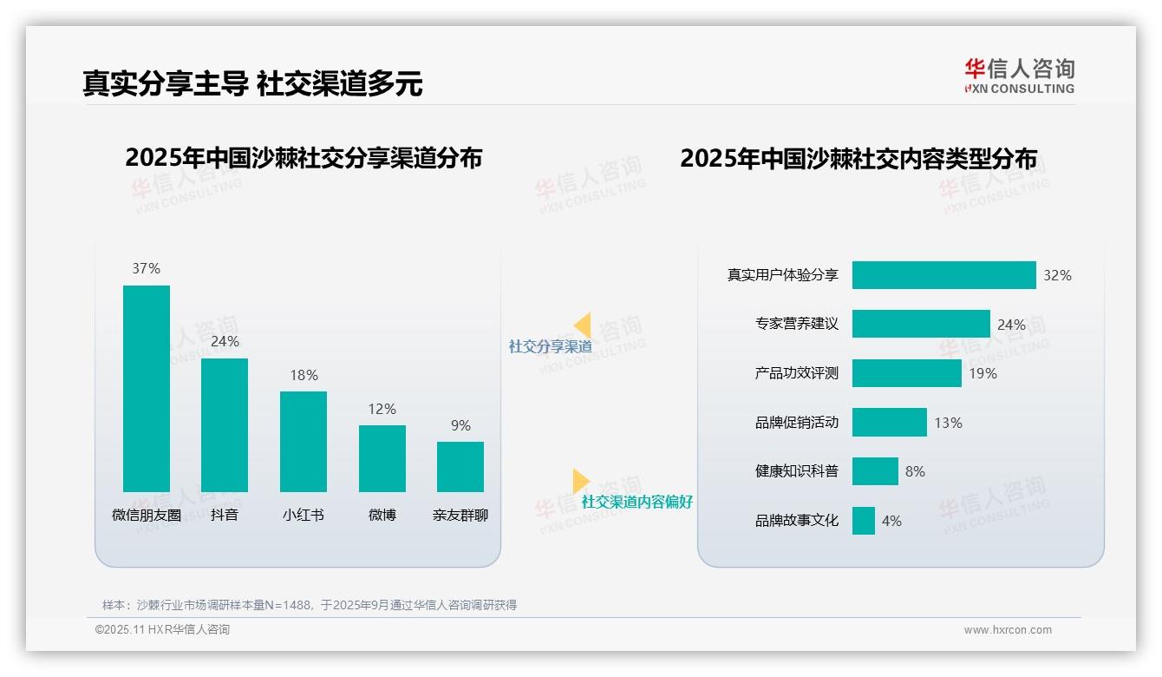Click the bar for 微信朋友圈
point(147,388)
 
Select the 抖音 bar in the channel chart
point(225,424)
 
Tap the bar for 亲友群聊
point(460,466)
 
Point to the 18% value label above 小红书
point(304,375)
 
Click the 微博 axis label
point(382,515)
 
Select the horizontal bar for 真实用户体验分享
point(943,275)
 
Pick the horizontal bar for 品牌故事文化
point(863,521)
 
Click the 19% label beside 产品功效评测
point(982,373)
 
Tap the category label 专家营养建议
point(796,324)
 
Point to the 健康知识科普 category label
point(796,471)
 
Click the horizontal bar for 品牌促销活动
point(889,423)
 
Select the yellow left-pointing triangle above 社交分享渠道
point(583,325)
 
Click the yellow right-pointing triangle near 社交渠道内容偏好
point(580,481)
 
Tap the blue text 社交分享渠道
point(550,346)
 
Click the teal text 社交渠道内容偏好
point(636,502)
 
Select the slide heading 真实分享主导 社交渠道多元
point(252,83)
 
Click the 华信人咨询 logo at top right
point(1019,76)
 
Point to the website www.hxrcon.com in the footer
point(1007,630)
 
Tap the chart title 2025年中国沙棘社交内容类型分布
point(858,159)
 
